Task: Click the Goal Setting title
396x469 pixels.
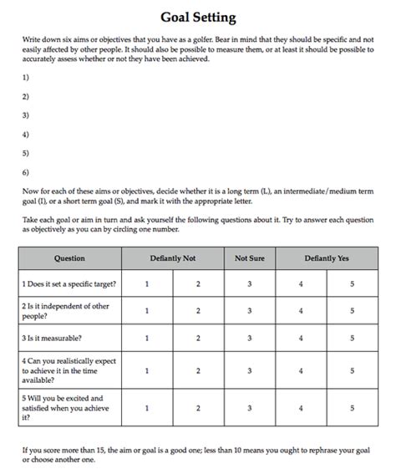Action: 197,17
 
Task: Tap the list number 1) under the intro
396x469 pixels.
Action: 25,77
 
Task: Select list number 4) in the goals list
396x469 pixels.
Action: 25,134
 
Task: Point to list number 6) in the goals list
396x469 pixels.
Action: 25,172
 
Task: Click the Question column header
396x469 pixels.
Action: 69,258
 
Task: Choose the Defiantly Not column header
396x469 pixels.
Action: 172,258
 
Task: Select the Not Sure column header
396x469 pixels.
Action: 249,258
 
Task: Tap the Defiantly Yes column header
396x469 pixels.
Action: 327,258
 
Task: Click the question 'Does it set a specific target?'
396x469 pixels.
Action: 69,284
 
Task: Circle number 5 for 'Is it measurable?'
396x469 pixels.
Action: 352,338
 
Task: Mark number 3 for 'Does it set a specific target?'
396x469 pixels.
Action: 249,284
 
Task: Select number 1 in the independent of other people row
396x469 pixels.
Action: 147,311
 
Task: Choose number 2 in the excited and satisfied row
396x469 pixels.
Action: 198,408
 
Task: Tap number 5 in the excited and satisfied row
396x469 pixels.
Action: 352,408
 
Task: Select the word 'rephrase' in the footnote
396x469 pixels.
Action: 327,449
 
